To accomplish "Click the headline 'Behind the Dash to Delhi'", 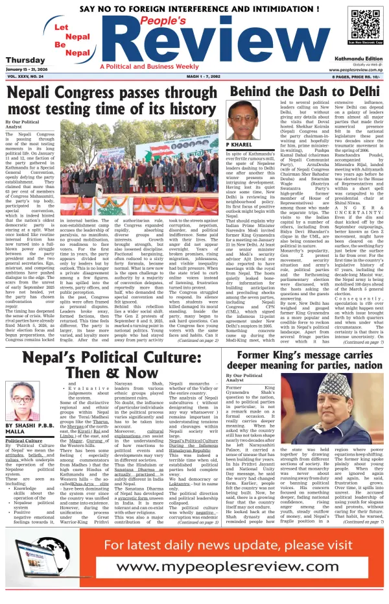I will pos(305,91).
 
